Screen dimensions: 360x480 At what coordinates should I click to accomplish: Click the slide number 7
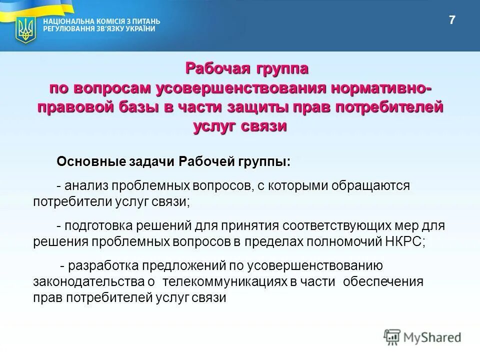click(x=452, y=20)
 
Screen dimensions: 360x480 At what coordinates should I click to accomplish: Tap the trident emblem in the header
click(x=23, y=29)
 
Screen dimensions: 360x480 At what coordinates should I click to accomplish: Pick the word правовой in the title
click(x=78, y=107)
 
